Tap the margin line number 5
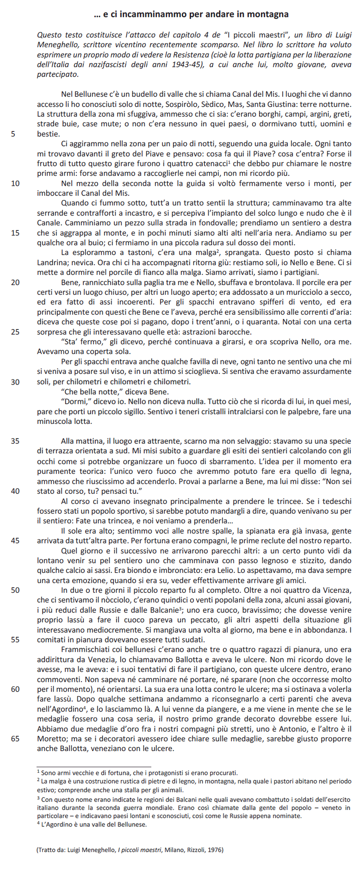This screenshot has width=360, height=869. coord(13,134)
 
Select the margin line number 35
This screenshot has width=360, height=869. coord(15,441)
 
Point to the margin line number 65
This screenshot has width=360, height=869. coord(15,739)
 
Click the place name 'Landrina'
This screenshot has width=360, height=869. coord(51,263)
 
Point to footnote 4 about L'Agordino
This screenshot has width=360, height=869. coord(92,825)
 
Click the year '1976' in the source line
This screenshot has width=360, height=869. coord(215,850)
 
